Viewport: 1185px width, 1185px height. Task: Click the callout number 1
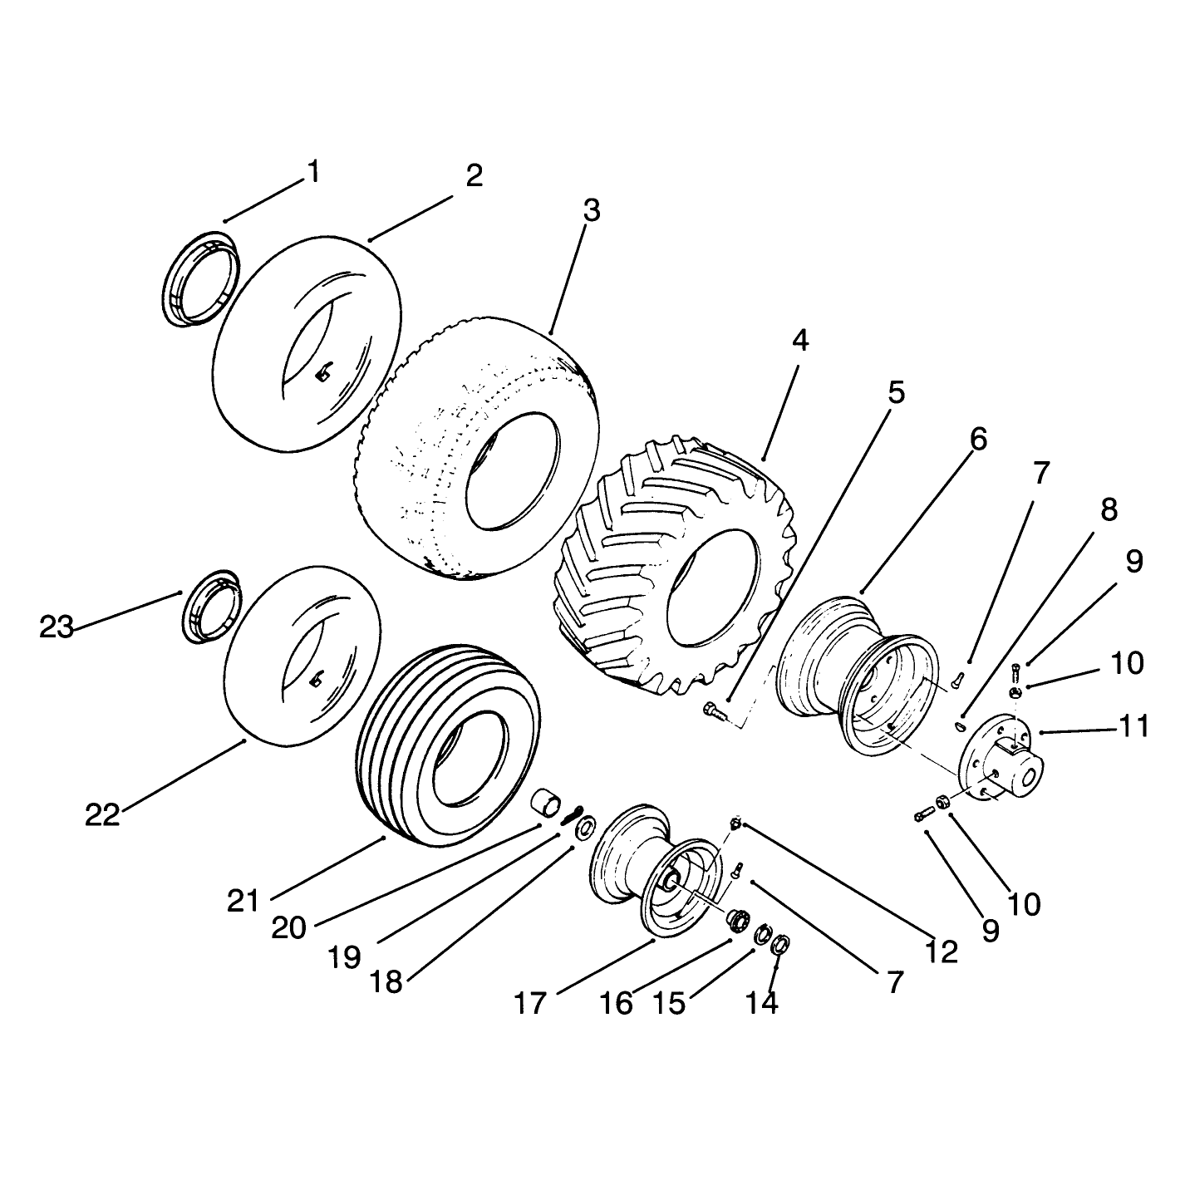click(314, 172)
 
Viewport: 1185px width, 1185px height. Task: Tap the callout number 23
click(57, 628)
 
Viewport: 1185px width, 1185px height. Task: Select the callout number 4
click(799, 340)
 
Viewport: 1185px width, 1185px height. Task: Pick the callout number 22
click(103, 815)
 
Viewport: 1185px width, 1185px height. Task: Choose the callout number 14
click(762, 1003)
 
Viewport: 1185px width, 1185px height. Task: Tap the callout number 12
click(942, 952)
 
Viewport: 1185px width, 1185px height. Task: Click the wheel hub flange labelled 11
click(1000, 756)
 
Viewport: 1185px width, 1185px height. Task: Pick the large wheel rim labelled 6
click(858, 676)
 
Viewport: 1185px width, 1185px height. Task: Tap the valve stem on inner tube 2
click(323, 372)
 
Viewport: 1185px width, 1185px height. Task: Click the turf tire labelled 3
click(477, 449)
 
